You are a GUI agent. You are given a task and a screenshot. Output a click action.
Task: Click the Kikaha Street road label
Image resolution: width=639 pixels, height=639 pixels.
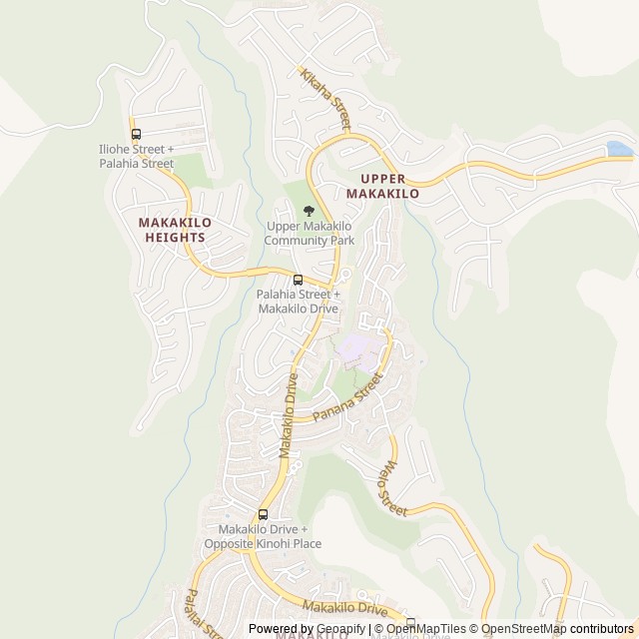(x=326, y=99)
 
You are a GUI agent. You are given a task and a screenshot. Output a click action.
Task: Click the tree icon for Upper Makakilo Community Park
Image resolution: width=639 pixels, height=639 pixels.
(x=309, y=211)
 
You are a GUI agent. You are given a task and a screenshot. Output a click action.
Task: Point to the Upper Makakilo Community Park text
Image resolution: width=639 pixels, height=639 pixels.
(x=310, y=234)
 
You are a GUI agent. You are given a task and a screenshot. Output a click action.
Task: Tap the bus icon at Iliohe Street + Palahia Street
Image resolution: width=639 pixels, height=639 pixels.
(x=136, y=134)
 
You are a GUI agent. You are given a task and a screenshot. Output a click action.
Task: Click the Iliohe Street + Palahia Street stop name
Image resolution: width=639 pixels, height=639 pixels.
(x=136, y=156)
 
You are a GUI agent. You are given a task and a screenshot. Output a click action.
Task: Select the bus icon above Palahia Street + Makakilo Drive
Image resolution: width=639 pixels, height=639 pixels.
(x=298, y=279)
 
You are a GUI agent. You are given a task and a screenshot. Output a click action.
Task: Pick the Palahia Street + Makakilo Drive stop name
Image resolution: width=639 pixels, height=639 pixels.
(x=298, y=302)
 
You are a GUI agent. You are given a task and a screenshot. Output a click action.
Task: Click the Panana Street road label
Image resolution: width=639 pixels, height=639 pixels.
(x=346, y=398)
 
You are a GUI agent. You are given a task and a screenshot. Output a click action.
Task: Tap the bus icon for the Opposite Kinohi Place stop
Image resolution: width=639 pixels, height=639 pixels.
(x=263, y=514)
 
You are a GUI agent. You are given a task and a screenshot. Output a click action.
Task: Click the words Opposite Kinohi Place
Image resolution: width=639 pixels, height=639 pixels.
(x=263, y=544)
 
